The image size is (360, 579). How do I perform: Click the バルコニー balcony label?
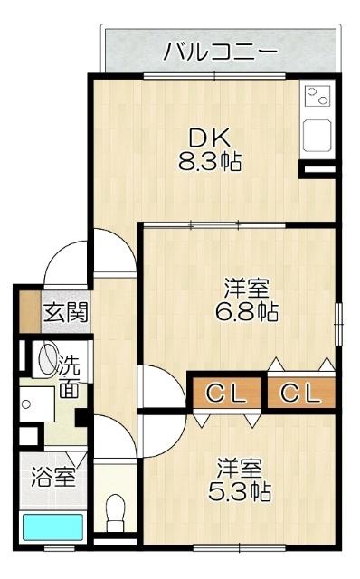point(220,52)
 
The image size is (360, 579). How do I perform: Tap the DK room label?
point(210,138)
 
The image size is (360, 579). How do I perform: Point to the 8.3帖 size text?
point(210,164)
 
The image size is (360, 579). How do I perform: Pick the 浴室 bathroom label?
point(52,477)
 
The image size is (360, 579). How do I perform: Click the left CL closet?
point(226,394)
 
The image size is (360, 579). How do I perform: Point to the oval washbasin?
point(45,361)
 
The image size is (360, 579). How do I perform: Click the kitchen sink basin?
point(318,136)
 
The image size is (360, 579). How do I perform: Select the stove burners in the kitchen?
point(318,94)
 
